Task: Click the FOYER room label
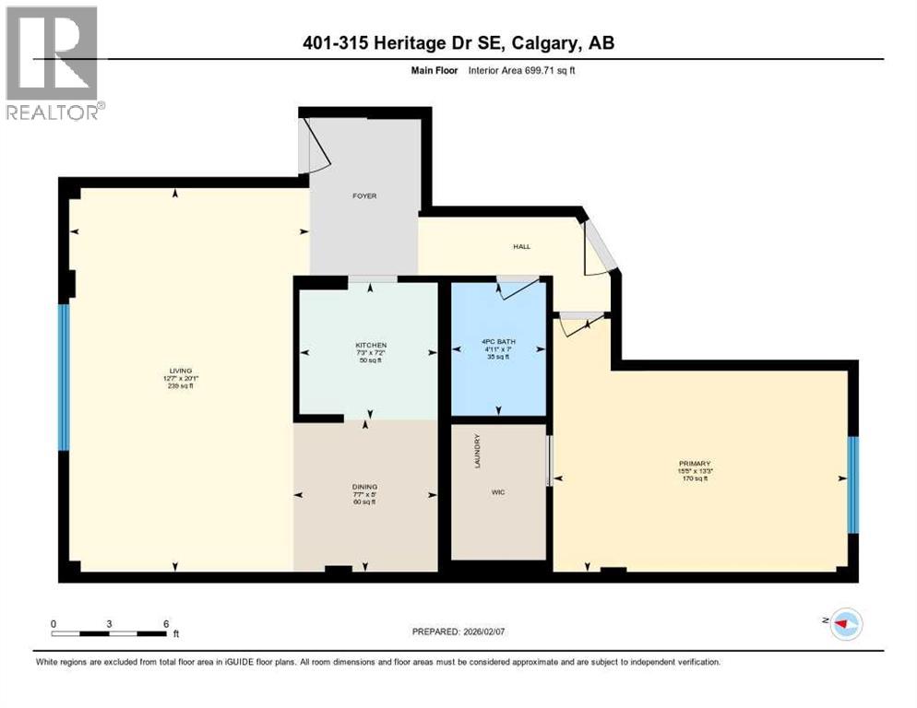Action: click(363, 195)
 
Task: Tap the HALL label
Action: click(521, 246)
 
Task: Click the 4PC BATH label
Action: click(499, 342)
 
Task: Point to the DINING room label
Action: click(365, 487)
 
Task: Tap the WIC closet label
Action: click(499, 491)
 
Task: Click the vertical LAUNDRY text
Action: click(477, 451)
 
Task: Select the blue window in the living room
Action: click(64, 377)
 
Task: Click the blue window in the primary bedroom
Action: click(853, 484)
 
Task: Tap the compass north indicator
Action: click(842, 624)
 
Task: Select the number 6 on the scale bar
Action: click(166, 623)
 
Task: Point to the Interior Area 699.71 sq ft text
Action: click(534, 70)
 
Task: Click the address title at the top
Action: click(458, 42)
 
